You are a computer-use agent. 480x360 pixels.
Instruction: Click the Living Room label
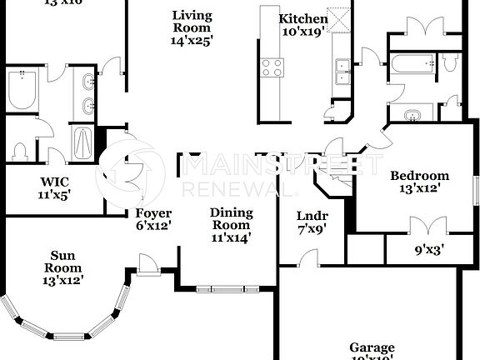192,27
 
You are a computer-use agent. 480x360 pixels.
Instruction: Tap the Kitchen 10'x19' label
302,25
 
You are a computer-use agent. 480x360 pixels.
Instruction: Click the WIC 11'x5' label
54,188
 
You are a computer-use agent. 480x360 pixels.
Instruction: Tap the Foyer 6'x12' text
153,219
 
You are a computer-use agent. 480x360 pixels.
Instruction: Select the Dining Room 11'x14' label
230,225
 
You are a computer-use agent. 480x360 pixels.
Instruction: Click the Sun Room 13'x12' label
65,262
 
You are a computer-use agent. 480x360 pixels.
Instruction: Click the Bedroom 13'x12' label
420,182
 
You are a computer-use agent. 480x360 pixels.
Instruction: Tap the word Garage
372,348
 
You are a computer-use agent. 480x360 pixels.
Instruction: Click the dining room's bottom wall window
227,289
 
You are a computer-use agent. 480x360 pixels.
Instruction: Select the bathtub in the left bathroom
22,90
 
